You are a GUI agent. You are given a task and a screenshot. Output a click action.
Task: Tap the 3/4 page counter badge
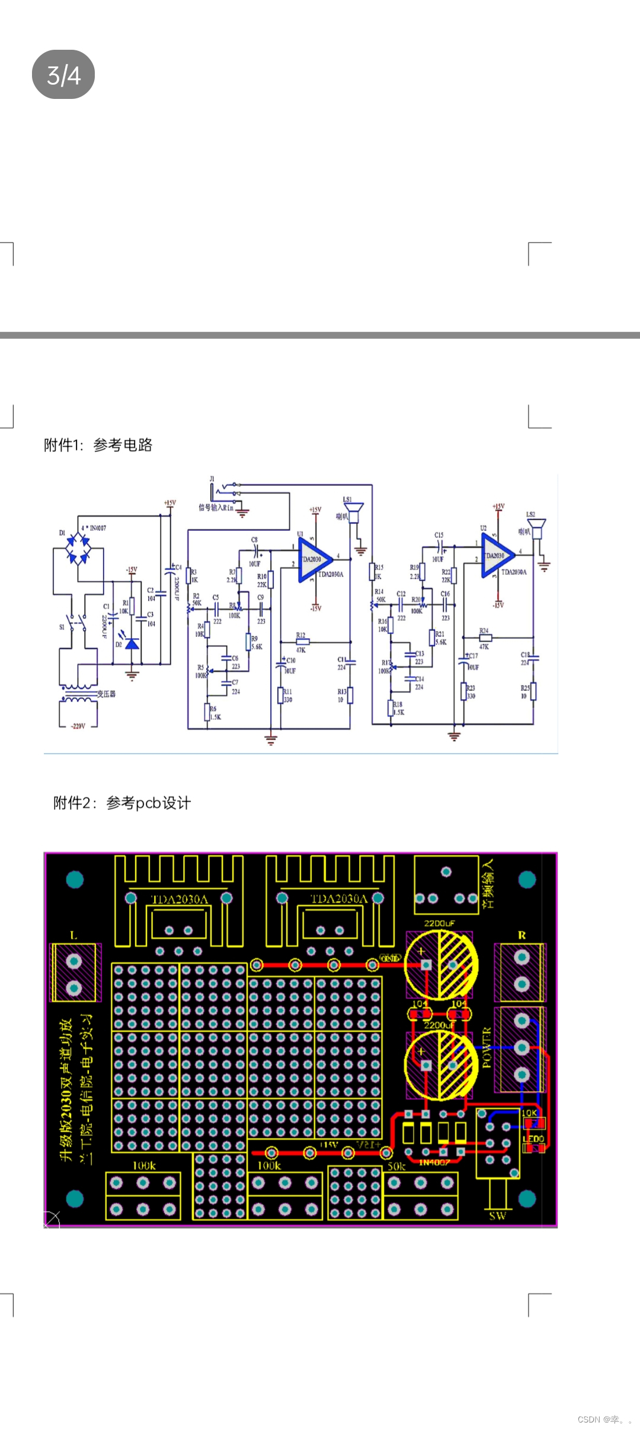(x=63, y=75)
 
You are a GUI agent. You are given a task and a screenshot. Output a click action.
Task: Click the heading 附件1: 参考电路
(x=98, y=445)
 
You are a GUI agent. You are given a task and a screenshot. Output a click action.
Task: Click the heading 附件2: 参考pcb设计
(x=122, y=803)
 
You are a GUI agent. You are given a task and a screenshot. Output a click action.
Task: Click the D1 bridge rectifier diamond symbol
(x=78, y=549)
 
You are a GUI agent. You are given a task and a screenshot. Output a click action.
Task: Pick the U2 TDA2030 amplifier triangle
(x=496, y=556)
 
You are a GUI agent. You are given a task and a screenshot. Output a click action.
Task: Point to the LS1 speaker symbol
(x=354, y=513)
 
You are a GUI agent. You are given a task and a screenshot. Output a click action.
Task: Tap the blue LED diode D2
(x=132, y=643)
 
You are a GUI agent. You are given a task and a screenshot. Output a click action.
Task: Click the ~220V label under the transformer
(x=78, y=726)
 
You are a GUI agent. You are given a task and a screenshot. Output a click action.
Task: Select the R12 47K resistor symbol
(x=302, y=642)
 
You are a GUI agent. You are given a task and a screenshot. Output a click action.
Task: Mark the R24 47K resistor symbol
(x=485, y=638)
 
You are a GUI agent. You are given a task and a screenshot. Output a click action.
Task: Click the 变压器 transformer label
(x=107, y=694)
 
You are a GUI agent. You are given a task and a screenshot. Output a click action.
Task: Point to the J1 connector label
(x=212, y=479)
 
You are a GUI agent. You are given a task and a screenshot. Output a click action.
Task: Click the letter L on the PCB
(x=73, y=935)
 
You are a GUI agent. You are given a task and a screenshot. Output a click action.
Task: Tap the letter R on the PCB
(x=522, y=935)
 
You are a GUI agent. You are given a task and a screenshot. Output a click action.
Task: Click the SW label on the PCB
(x=497, y=1216)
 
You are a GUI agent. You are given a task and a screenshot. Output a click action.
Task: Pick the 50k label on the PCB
(x=396, y=1166)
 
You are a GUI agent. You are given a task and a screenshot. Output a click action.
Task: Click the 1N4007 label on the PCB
(x=434, y=1162)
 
